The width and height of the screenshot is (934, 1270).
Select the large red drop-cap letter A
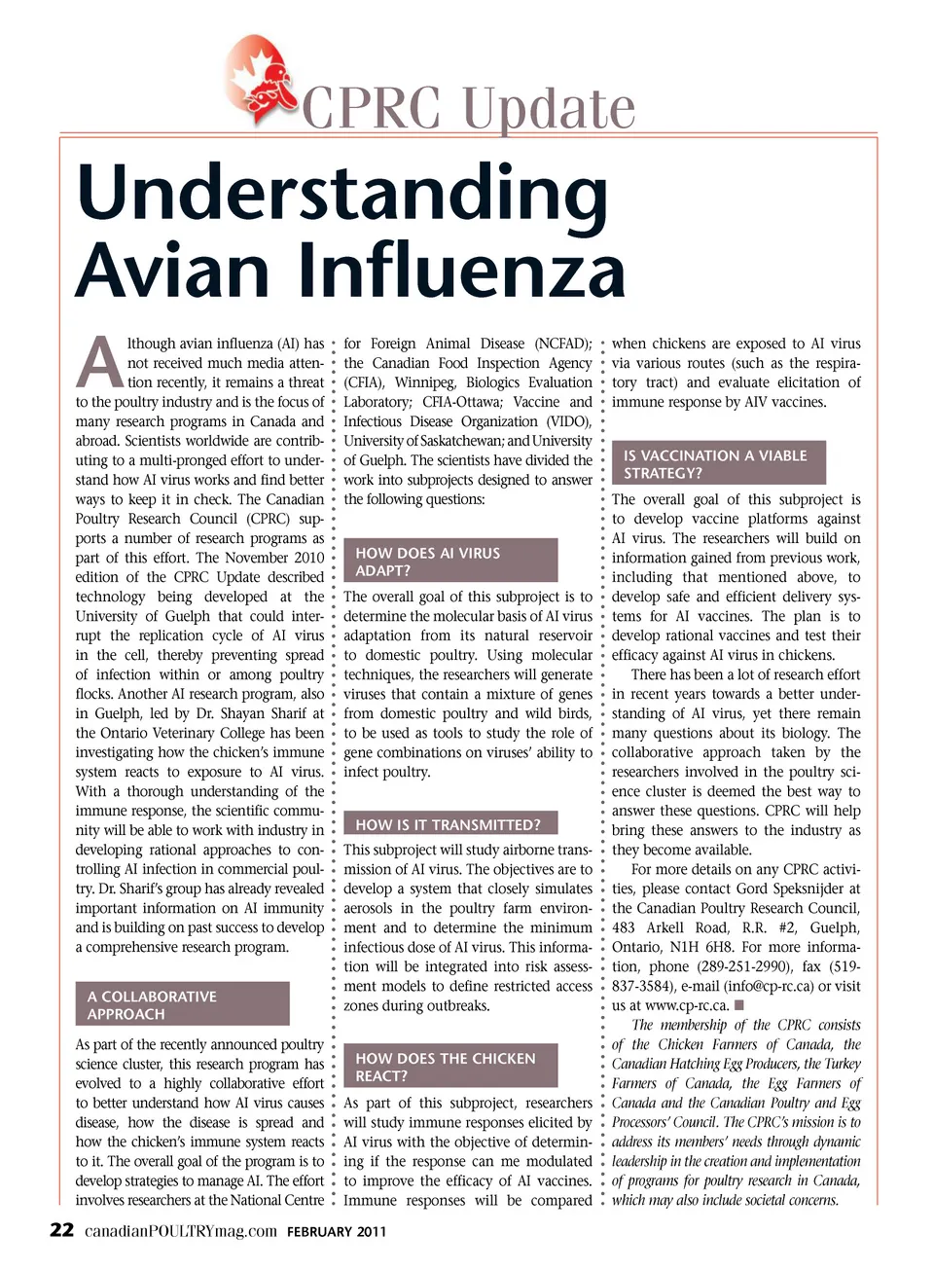click(x=99, y=363)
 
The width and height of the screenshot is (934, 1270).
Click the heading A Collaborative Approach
click(x=182, y=1004)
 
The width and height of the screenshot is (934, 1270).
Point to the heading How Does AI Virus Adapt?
click(x=450, y=561)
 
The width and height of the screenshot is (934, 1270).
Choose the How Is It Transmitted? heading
click(x=449, y=824)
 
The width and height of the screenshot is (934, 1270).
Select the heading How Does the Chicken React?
click(x=450, y=1066)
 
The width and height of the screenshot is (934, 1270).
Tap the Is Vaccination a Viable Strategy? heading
click(x=718, y=463)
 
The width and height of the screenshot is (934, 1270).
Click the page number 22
click(x=61, y=1230)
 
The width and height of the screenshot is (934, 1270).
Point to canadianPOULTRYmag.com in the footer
click(x=181, y=1231)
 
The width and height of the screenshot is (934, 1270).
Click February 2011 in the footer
click(x=337, y=1232)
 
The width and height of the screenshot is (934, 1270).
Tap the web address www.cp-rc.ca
click(x=687, y=1005)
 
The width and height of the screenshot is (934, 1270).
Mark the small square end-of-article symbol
click(x=739, y=1004)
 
